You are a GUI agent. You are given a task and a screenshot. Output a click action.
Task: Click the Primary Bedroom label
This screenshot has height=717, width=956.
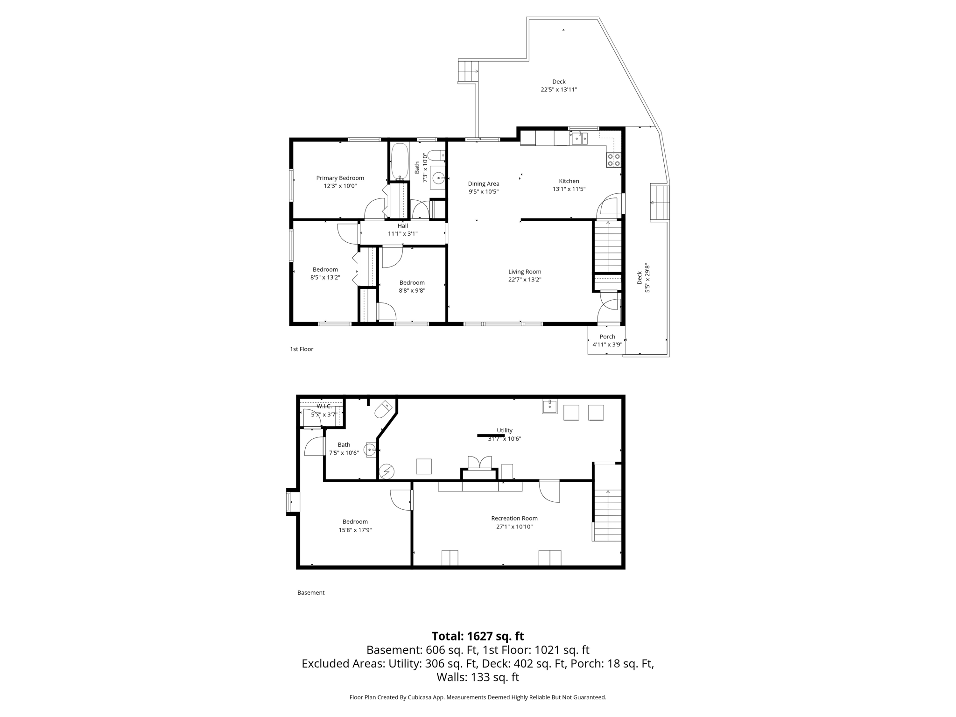pyautogui.click(x=340, y=178)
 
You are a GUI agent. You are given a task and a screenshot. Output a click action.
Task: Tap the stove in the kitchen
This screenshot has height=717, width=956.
pyautogui.click(x=613, y=160)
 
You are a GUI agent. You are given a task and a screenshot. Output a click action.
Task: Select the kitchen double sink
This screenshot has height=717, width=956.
pyautogui.click(x=580, y=139)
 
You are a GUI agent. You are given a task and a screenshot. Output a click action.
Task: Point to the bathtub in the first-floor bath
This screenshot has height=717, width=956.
pyautogui.click(x=400, y=161)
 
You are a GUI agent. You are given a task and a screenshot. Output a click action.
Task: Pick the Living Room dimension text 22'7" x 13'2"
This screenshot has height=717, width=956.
pyautogui.click(x=525, y=280)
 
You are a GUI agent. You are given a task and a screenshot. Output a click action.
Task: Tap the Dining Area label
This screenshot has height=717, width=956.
pyautogui.click(x=484, y=183)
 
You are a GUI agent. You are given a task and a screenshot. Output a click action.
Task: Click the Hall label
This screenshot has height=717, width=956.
pyautogui.click(x=402, y=226)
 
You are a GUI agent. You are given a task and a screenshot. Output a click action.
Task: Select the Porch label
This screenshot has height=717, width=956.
pyautogui.click(x=607, y=337)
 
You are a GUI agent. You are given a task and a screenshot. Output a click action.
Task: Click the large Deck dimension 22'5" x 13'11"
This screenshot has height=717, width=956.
pyautogui.click(x=559, y=90)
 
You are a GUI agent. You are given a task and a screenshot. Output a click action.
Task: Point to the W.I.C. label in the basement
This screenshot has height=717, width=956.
pyautogui.click(x=324, y=406)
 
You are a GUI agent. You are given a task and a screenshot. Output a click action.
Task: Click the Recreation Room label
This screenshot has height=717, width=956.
pyautogui.click(x=514, y=518)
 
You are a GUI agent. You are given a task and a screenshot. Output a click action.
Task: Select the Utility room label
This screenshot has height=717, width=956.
pyautogui.click(x=504, y=430)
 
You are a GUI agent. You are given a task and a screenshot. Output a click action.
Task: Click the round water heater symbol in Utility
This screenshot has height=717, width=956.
pyautogui.click(x=387, y=472)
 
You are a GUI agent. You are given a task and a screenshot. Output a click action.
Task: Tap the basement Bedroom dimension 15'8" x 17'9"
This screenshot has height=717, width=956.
pyautogui.click(x=355, y=530)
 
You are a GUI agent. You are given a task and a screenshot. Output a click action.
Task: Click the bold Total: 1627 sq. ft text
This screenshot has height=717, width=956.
pyautogui.click(x=478, y=636)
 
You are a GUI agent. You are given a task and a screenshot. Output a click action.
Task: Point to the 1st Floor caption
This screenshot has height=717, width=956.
pyautogui.click(x=302, y=349)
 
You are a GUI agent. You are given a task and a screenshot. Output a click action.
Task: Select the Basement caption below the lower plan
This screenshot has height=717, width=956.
pyautogui.click(x=311, y=592)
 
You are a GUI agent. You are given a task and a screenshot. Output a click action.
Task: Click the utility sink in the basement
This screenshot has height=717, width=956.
pyautogui.click(x=549, y=407)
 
